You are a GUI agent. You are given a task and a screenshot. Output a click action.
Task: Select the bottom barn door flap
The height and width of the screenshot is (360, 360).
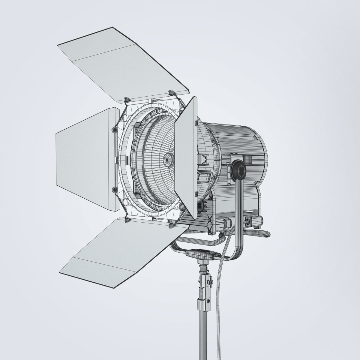click(x=120, y=249)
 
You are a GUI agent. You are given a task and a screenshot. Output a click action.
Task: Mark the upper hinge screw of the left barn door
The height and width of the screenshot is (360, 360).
click(x=114, y=130)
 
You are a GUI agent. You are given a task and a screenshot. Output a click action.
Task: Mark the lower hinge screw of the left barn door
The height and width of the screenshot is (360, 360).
click(x=114, y=190)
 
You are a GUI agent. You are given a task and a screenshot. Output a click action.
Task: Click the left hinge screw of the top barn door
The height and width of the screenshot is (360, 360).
click(x=127, y=99)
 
